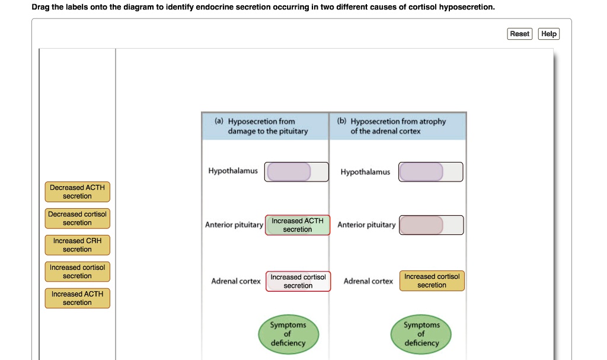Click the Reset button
pyautogui.click(x=520, y=34)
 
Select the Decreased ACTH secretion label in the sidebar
pyautogui.click(x=77, y=192)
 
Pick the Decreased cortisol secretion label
pyautogui.click(x=77, y=218)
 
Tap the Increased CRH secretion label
pyautogui.click(x=77, y=245)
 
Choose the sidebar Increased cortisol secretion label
pyautogui.click(x=77, y=272)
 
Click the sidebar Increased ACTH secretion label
pyautogui.click(x=77, y=298)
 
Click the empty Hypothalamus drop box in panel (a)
pyautogui.click(x=289, y=171)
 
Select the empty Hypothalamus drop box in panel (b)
pyautogui.click(x=421, y=172)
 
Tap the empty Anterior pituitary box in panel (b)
pyautogui.click(x=421, y=225)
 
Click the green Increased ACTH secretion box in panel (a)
pyautogui.click(x=298, y=225)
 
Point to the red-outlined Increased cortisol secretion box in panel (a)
pyautogui.click(x=298, y=281)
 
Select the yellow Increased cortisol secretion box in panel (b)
pyautogui.click(x=432, y=281)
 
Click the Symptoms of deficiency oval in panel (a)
pyautogui.click(x=288, y=334)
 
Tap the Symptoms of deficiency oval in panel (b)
pyautogui.click(x=421, y=334)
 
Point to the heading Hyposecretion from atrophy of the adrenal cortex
pyautogui.click(x=397, y=126)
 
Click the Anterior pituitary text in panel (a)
pyautogui.click(x=234, y=225)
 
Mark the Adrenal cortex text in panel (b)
pyautogui.click(x=368, y=281)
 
